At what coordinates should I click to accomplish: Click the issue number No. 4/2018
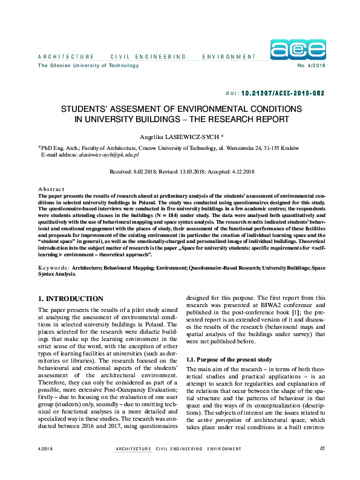[x=312, y=65]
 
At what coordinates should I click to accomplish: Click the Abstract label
[x=50, y=189]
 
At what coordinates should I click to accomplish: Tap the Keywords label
[x=53, y=267]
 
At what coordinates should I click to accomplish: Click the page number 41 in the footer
[x=322, y=465]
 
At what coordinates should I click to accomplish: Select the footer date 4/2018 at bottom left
[x=45, y=465]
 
